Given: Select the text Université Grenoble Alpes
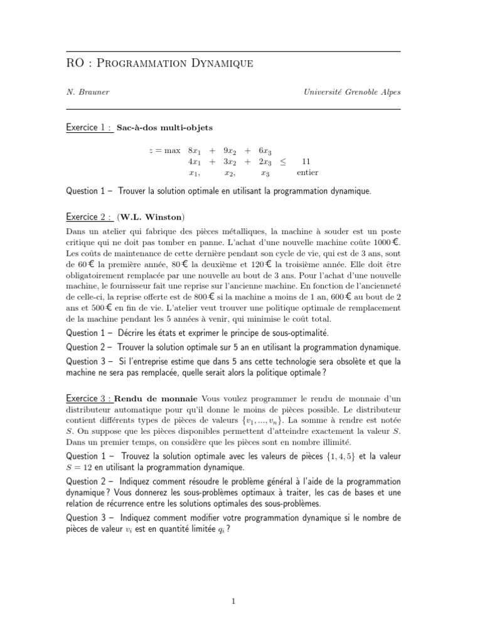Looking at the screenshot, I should point(351,92).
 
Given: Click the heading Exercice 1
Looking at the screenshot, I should point(88,128).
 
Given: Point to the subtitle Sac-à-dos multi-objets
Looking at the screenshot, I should point(165,128).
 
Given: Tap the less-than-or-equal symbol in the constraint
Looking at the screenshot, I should point(283,162).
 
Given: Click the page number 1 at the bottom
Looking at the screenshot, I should point(233,602).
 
